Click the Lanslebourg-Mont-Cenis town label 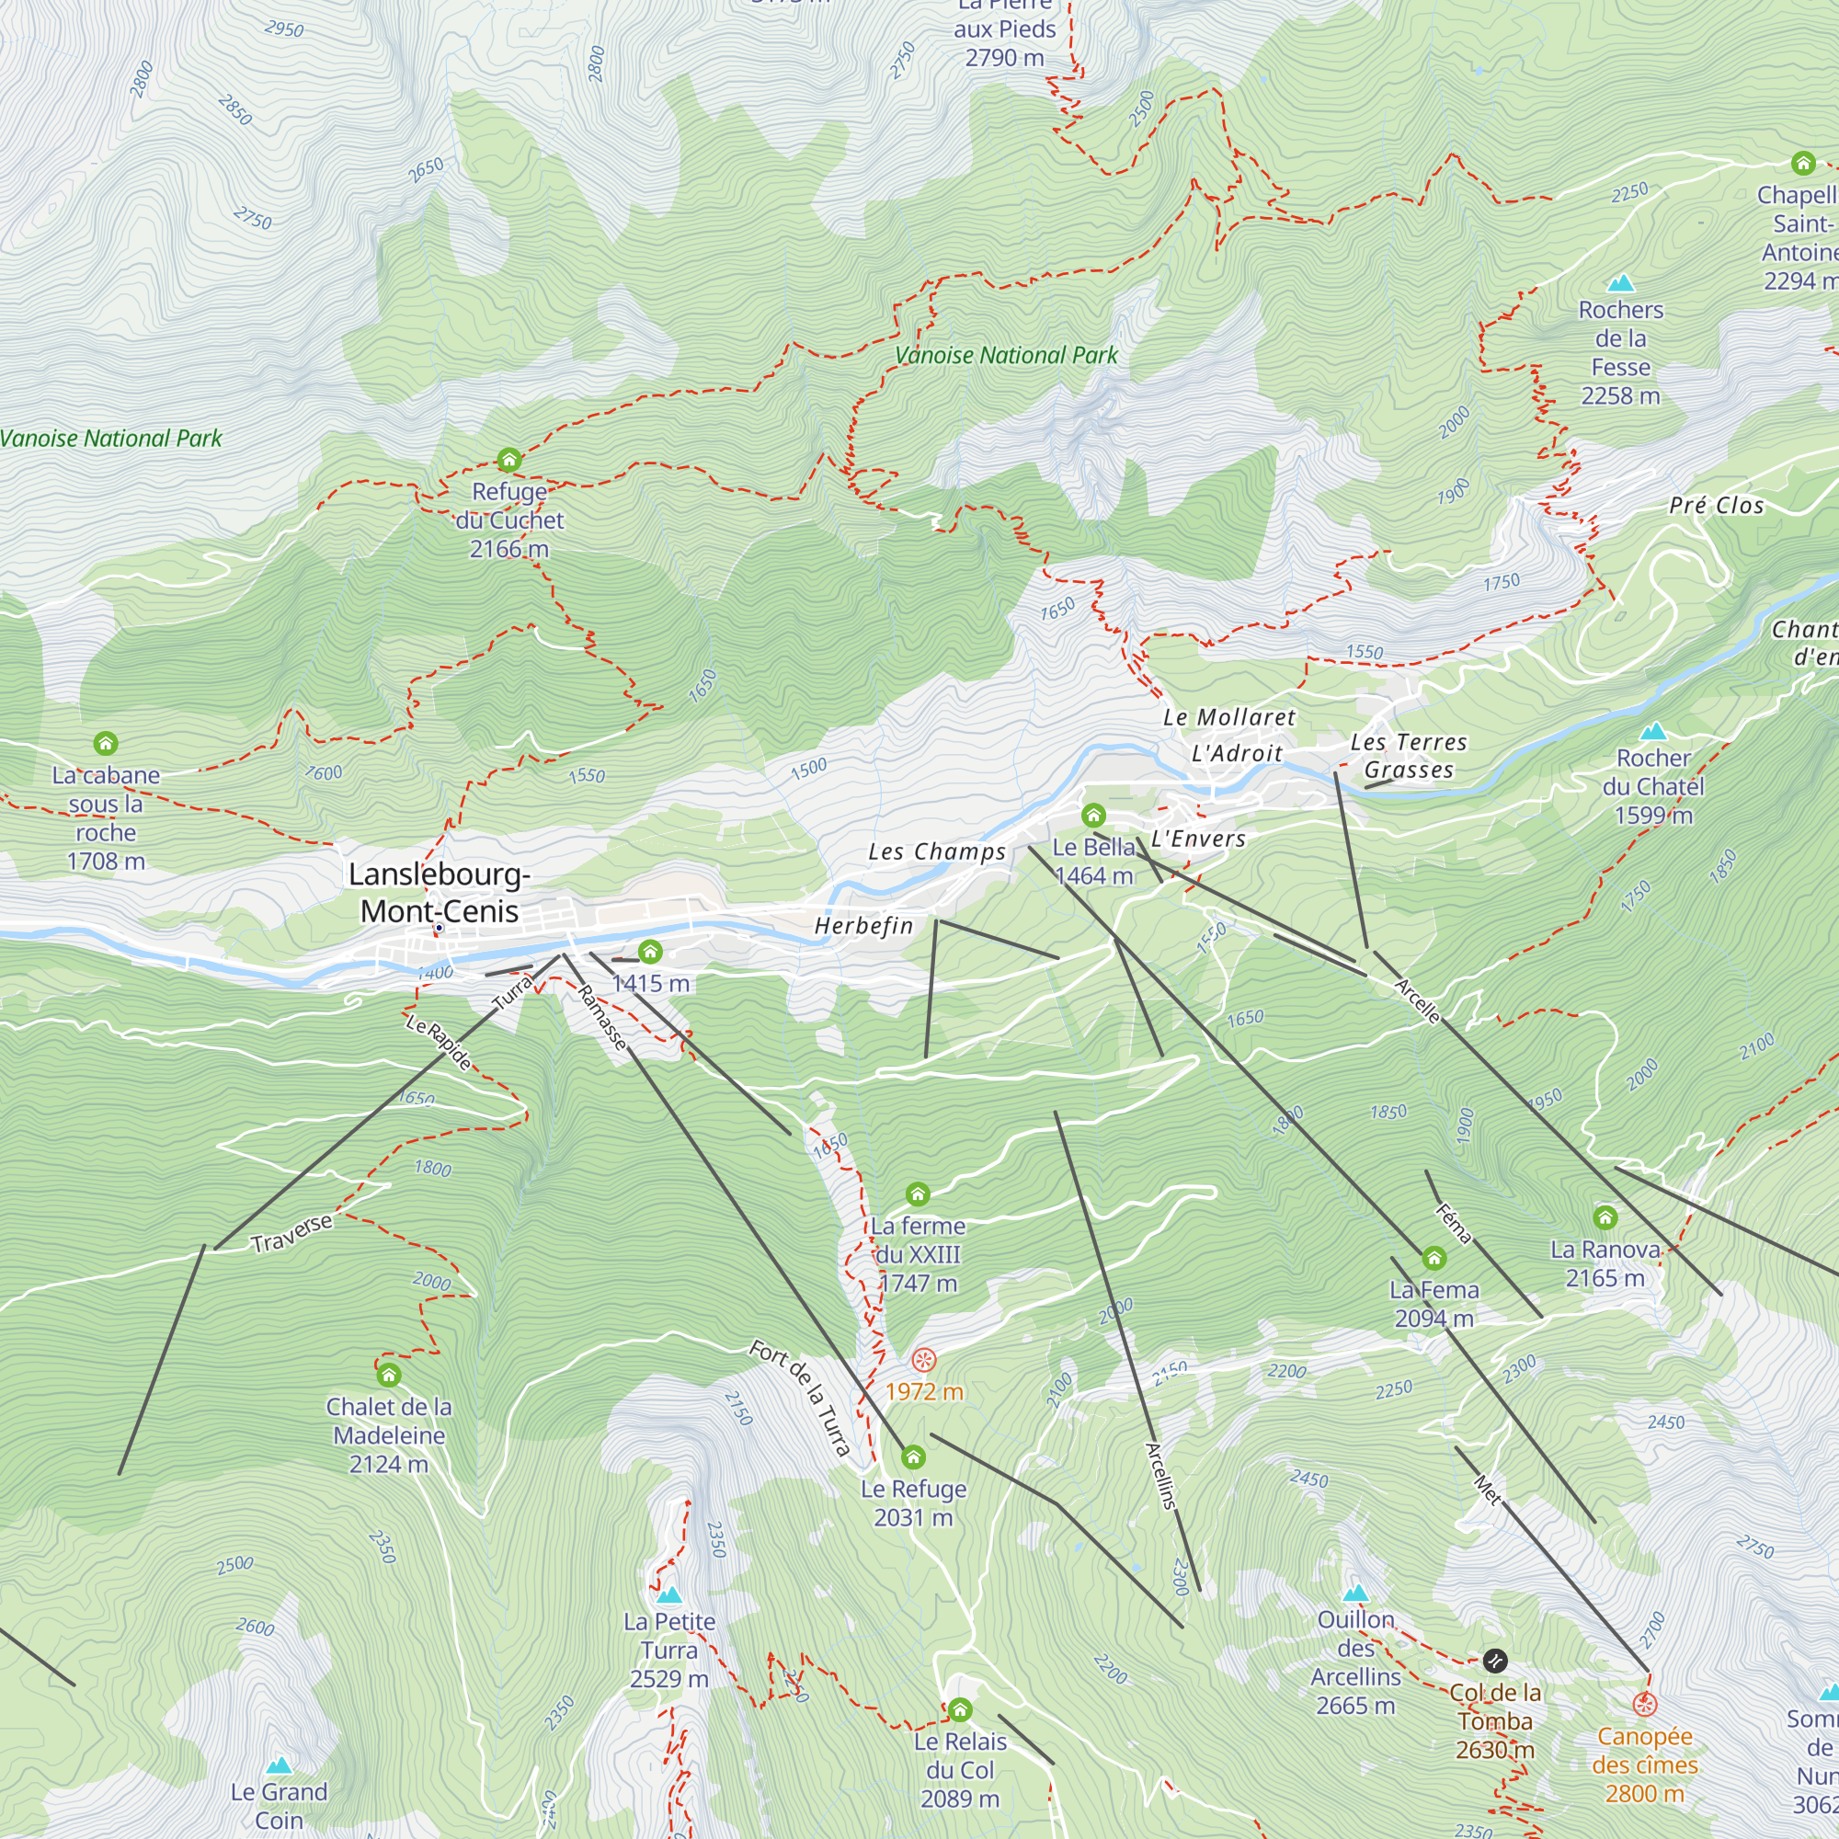(439, 892)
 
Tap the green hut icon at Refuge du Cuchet (509, 461)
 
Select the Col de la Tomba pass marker (1494, 1661)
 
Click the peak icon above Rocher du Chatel (1653, 732)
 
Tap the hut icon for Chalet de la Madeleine (388, 1375)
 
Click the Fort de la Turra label (800, 1398)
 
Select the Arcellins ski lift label (1161, 1476)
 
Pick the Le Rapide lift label (439, 1043)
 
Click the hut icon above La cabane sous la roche (106, 742)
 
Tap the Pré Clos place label (1716, 506)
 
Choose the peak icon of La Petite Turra (669, 1594)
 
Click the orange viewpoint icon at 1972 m (923, 1359)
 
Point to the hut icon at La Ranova (1605, 1217)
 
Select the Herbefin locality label (863, 925)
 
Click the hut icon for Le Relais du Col (959, 1710)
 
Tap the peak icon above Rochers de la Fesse (1620, 282)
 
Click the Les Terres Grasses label (1408, 756)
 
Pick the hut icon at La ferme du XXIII (917, 1194)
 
